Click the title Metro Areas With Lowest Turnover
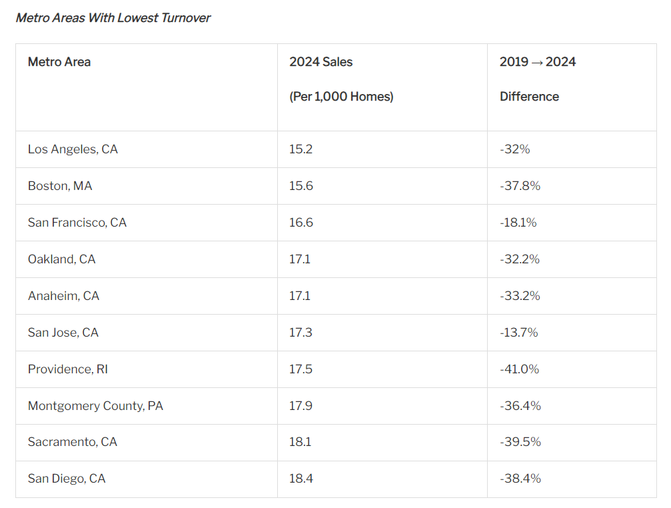point(113,18)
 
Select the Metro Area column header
point(59,62)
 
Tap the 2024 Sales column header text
point(321,62)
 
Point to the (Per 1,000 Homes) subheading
point(341,97)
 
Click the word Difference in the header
point(529,97)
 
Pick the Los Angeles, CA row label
point(73,149)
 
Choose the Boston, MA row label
point(60,186)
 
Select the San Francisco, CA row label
point(77,223)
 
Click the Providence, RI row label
point(67,369)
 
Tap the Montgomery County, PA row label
point(95,406)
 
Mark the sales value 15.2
point(301,149)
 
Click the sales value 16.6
point(301,223)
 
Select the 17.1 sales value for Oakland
point(299,259)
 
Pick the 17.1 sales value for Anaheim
point(299,296)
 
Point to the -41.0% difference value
point(519,369)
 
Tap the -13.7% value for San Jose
point(518,333)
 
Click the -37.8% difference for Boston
point(520,186)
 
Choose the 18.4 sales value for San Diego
point(301,479)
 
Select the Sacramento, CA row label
point(72,442)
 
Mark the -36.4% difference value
point(520,406)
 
